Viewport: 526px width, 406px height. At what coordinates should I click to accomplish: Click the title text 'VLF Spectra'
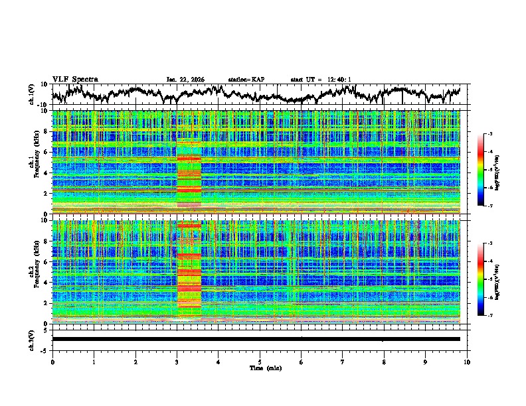click(x=75, y=79)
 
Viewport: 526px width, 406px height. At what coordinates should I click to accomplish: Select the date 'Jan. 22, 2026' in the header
click(x=185, y=80)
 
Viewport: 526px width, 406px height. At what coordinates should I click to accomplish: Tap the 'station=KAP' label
click(x=246, y=80)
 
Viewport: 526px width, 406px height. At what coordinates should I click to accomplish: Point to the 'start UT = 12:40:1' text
click(x=321, y=80)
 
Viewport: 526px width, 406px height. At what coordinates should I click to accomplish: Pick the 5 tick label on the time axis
click(x=260, y=362)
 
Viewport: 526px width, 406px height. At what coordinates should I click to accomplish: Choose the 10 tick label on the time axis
click(x=467, y=362)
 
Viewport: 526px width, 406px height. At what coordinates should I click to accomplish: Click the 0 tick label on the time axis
click(x=52, y=362)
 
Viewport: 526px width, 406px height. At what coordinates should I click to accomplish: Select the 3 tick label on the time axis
click(x=177, y=362)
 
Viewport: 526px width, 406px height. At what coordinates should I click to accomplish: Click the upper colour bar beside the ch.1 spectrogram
click(x=489, y=170)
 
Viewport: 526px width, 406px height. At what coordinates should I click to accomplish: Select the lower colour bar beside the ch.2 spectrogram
click(x=489, y=280)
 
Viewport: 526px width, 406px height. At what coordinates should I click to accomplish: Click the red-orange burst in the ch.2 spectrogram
click(x=189, y=272)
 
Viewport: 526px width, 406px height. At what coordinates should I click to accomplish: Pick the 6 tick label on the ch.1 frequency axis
click(x=47, y=152)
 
